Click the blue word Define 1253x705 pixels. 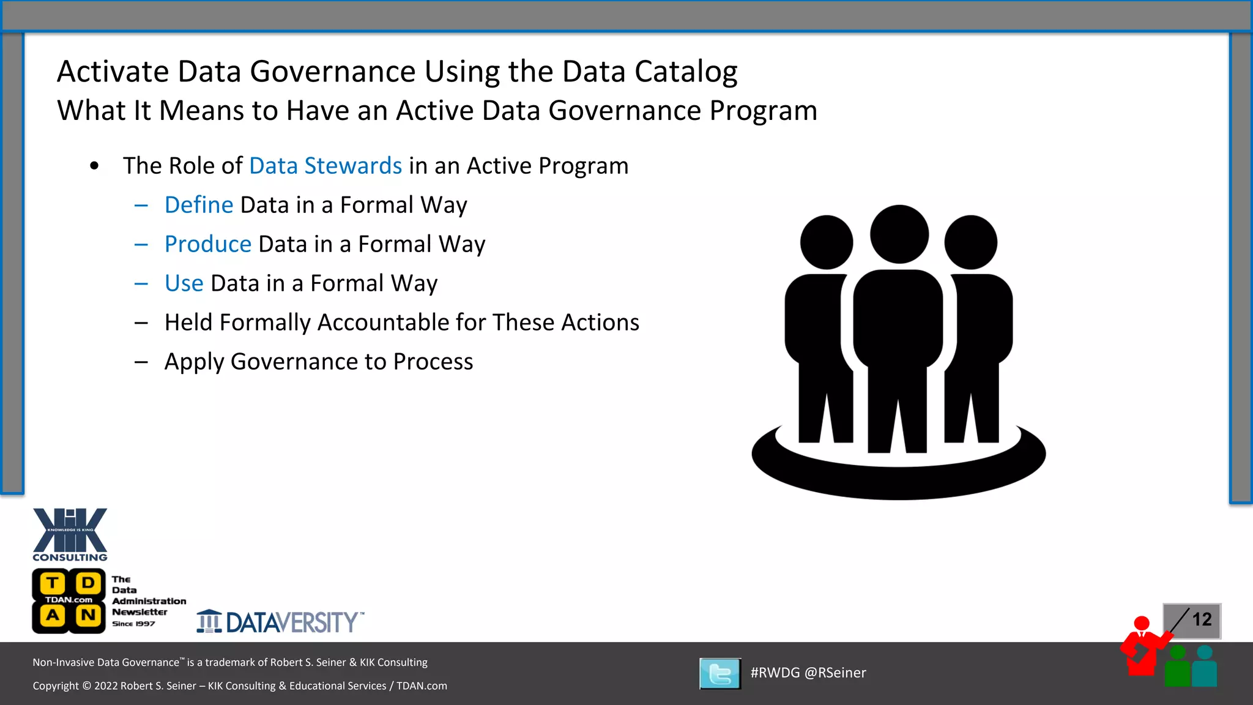click(199, 205)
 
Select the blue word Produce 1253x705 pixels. click(208, 244)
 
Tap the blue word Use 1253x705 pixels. click(184, 283)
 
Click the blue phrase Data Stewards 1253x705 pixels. click(325, 166)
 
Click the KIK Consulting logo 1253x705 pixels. click(70, 534)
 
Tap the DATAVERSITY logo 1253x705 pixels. click(280, 622)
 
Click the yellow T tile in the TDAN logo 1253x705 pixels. click(53, 583)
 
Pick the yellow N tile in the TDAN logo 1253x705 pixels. click(88, 615)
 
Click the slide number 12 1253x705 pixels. click(1202, 619)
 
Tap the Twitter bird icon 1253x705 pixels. click(720, 674)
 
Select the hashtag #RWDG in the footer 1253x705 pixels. click(775, 673)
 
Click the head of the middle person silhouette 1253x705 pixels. click(899, 234)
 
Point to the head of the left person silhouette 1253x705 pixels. click(827, 242)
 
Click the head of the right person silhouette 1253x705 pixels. click(971, 242)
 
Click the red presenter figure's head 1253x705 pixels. click(1142, 624)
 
